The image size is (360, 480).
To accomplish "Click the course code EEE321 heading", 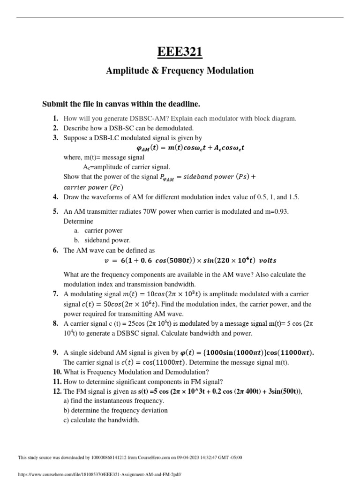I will click(180, 52).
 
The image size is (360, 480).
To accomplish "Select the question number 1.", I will click(55, 118).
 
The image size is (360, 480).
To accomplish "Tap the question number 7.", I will click(55, 294).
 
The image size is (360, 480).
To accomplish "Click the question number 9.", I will click(55, 352).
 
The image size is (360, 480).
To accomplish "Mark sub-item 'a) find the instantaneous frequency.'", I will click(113, 401).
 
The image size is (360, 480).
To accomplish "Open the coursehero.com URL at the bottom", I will click(99, 474).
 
